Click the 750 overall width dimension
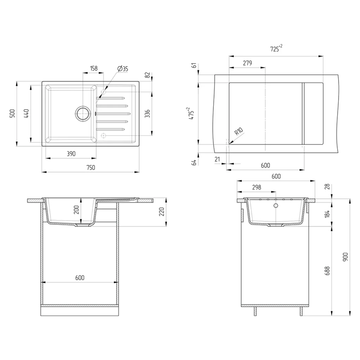tap(91, 168)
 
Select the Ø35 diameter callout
tap(123, 69)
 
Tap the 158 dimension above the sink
tap(94, 68)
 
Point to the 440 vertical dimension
tap(26, 113)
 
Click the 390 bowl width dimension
tap(71, 154)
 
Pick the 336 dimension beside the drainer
tap(147, 113)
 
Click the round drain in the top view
tap(82, 113)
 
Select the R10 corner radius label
tap(239, 132)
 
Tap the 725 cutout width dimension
tap(276, 48)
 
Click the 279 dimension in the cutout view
tap(247, 63)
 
